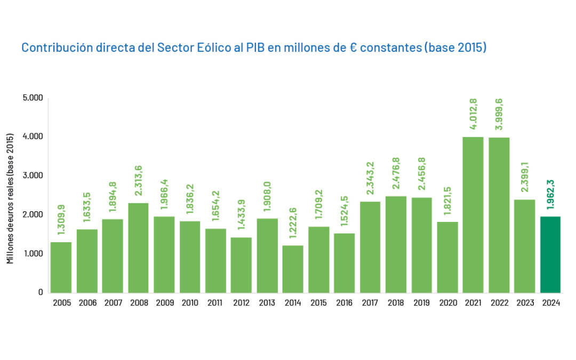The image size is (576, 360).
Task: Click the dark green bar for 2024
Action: coord(550,254)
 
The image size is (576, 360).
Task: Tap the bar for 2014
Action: coord(293,269)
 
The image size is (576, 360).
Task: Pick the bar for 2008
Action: coord(139,247)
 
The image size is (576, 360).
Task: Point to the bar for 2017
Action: coord(370,247)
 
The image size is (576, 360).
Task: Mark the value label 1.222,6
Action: coord(293,225)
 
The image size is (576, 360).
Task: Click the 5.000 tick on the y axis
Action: coord(33,98)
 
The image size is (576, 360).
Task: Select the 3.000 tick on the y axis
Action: coord(33,175)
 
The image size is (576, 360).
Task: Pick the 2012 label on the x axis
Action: coord(241,303)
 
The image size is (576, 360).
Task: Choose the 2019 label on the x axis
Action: coord(421,303)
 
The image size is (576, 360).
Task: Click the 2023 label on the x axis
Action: coord(524,303)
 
